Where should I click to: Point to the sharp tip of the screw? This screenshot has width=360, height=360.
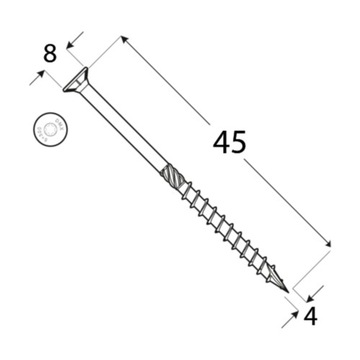tap(288, 291)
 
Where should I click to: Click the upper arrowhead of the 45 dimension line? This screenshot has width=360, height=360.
tap(125, 41)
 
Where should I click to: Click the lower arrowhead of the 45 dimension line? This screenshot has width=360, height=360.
tap(327, 243)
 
